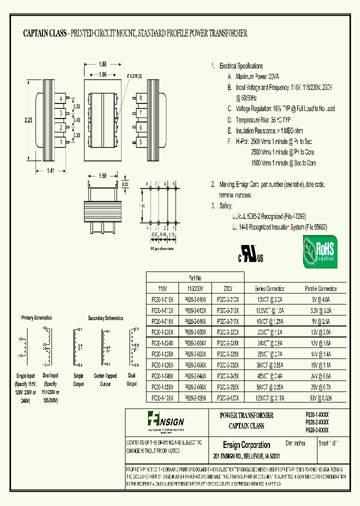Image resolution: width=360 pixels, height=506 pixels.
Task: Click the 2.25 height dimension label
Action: tap(28, 120)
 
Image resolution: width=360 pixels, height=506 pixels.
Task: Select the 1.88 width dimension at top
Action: tap(102, 64)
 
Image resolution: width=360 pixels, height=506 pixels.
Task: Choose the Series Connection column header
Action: tap(269, 288)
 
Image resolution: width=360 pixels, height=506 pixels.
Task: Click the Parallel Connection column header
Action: tap(321, 288)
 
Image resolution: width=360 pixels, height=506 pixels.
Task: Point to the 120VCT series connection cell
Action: tap(269, 397)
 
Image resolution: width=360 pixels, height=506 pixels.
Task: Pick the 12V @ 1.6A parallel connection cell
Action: tap(321, 343)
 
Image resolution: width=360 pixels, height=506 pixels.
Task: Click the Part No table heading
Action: tap(194, 277)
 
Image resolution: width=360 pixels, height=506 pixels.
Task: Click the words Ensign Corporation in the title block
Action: tap(246, 445)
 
